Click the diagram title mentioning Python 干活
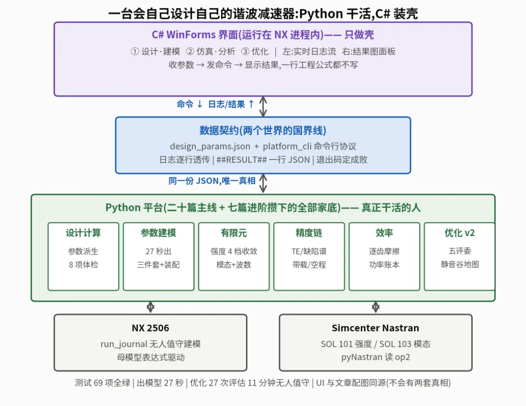[x=263, y=14]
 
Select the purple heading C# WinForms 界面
[x=263, y=35]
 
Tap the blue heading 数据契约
[x=263, y=130]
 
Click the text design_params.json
[x=210, y=146]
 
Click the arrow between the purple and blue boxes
[x=263, y=106]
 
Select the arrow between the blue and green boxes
[x=263, y=183]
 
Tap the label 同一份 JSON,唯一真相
[x=212, y=181]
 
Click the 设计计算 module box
[x=84, y=256]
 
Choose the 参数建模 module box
[x=159, y=256]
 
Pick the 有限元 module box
[x=234, y=256]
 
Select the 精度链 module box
[x=309, y=256]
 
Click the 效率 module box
[x=384, y=256]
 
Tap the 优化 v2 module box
[x=460, y=256]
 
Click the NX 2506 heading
[x=150, y=328]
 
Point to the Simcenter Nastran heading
[x=376, y=328]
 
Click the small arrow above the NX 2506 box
[x=150, y=307]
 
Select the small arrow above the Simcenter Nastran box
[x=376, y=307]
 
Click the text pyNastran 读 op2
[x=376, y=357]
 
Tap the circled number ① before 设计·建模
[x=135, y=51]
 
